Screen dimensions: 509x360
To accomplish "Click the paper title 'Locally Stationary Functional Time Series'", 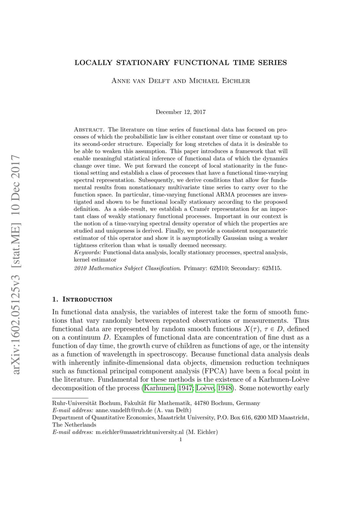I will pyautogui.click(x=180, y=63).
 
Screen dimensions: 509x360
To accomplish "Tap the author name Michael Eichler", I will pyautogui.click(x=212, y=81).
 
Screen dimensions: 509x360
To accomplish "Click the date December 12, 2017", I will pyautogui.click(x=180, y=112).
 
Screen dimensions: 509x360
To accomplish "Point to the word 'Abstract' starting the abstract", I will pyautogui.click(x=89, y=130).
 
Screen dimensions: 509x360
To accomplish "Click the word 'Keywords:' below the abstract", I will pyautogui.click(x=88, y=253).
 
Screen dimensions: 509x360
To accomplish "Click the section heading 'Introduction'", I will pyautogui.click(x=87, y=299).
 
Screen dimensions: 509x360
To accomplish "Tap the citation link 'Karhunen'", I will pyautogui.click(x=159, y=387).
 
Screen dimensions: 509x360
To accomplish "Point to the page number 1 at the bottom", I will pyautogui.click(x=180, y=439).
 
